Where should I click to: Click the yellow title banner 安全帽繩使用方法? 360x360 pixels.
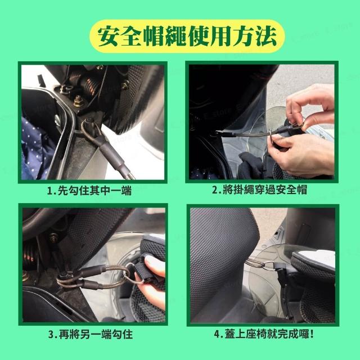187,36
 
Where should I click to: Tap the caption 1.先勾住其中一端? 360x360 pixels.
89,191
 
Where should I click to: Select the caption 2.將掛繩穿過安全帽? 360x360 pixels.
259,190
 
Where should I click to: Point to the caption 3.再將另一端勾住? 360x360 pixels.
91,334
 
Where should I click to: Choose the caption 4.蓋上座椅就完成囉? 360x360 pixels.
264,334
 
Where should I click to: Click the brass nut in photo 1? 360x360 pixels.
79,101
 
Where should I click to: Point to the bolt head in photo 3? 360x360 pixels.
54,238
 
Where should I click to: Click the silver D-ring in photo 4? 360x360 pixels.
269,266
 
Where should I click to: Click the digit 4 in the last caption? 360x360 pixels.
217,335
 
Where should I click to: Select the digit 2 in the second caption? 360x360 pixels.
215,190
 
